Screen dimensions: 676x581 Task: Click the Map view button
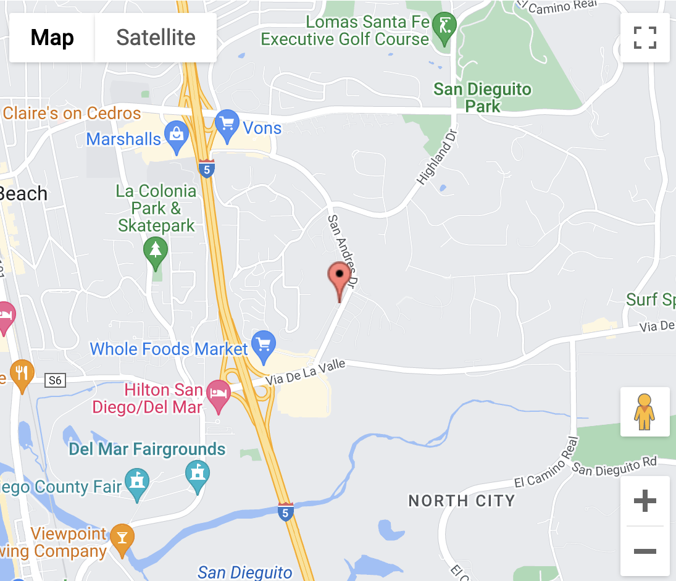click(x=52, y=38)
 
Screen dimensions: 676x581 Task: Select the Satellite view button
click(x=156, y=38)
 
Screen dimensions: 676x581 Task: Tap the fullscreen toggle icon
click(x=645, y=38)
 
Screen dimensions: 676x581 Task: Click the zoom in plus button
click(x=645, y=501)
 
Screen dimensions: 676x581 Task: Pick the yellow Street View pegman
click(x=645, y=412)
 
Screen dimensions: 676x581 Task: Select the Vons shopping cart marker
click(x=227, y=125)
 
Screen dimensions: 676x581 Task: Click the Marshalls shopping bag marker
click(x=177, y=137)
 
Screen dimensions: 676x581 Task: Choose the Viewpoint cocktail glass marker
click(x=122, y=539)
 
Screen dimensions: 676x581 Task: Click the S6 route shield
click(x=55, y=381)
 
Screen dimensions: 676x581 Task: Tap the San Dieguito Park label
click(x=482, y=98)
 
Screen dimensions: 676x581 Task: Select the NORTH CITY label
click(x=462, y=500)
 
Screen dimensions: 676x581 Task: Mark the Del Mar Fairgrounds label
click(x=147, y=449)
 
